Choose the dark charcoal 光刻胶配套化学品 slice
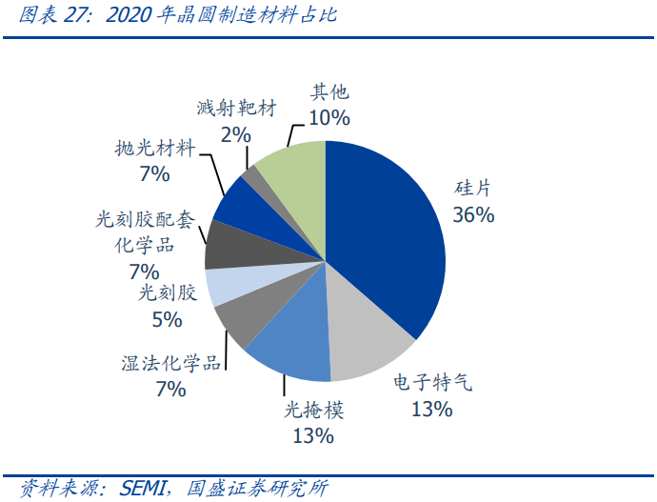click(227, 246)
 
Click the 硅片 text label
click(473, 188)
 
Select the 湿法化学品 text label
click(171, 363)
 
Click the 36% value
click(473, 215)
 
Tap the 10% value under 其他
click(329, 118)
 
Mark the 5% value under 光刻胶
click(167, 319)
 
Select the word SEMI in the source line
click(143, 487)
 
